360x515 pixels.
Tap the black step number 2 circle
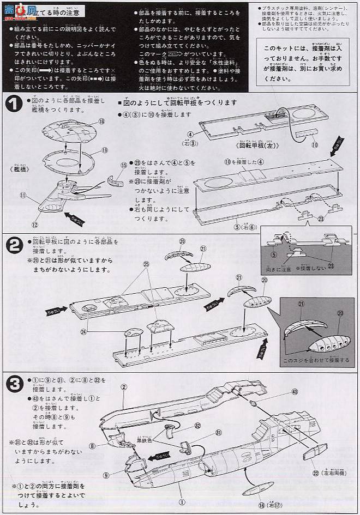point(13,246)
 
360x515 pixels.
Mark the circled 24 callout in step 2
point(83,330)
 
